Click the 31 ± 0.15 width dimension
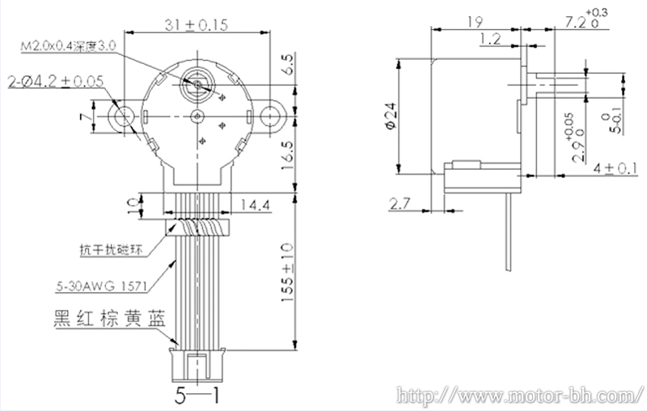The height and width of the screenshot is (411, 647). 197,25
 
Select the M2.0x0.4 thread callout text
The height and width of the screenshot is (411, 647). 69,46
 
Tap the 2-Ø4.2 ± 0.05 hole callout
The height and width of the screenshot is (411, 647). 56,82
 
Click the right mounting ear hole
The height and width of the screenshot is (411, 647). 269,116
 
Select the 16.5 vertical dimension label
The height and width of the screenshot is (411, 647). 288,155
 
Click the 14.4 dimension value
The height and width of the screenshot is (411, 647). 256,205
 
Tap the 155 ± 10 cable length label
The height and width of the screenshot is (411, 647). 287,273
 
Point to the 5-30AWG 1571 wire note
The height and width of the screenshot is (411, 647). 102,286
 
